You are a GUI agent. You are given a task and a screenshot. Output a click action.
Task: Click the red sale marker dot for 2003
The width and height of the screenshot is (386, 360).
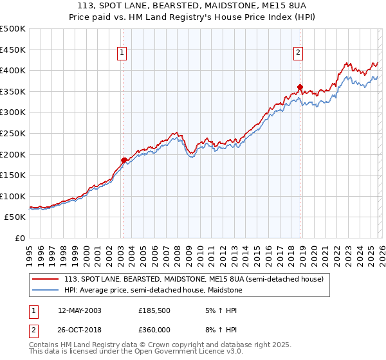click(124, 160)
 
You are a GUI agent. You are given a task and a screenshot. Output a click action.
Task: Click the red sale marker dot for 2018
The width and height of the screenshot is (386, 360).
click(300, 87)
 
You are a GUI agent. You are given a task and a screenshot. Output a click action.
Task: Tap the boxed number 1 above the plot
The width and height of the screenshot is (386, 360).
click(122, 53)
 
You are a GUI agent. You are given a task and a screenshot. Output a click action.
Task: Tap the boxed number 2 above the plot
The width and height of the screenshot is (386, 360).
click(299, 53)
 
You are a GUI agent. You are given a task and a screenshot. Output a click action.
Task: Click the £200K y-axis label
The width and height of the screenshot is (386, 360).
click(14, 154)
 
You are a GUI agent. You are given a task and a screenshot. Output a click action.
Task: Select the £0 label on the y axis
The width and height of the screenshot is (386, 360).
click(21, 239)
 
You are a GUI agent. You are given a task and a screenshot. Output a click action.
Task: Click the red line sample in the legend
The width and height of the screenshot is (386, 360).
click(46, 279)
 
